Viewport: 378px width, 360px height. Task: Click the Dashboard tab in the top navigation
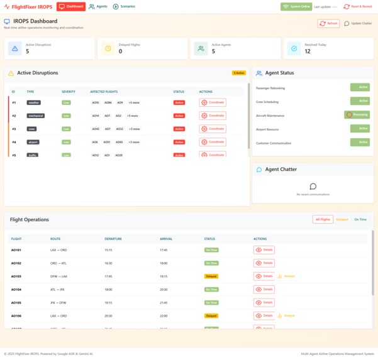pyautogui.click(x=71, y=6)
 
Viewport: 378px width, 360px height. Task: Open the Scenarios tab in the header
pyautogui.click(x=124, y=6)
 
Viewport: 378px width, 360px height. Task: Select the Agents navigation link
pyautogui.click(x=98, y=6)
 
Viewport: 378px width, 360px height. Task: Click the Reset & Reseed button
pyautogui.click(x=357, y=6)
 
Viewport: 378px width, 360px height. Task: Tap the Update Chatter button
pyautogui.click(x=358, y=23)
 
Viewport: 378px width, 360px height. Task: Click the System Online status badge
pyautogui.click(x=296, y=6)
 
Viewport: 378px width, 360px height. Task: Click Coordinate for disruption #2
pyautogui.click(x=213, y=116)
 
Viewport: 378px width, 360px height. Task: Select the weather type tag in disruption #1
pyautogui.click(x=33, y=102)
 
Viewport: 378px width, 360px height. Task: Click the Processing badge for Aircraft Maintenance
pyautogui.click(x=357, y=115)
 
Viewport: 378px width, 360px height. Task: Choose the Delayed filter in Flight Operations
pyautogui.click(x=342, y=219)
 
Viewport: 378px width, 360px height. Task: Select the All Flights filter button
pyautogui.click(x=323, y=219)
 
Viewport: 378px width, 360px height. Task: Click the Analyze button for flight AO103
pyautogui.click(x=287, y=276)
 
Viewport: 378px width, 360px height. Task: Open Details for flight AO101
pyautogui.click(x=264, y=249)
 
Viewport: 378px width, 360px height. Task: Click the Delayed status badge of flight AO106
pyautogui.click(x=211, y=316)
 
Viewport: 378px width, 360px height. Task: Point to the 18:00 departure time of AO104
pyautogui.click(x=108, y=290)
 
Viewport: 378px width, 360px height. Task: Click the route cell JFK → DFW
pyautogui.click(x=58, y=303)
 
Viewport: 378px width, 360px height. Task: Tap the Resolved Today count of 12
pyautogui.click(x=308, y=52)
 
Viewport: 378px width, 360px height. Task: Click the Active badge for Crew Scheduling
pyautogui.click(x=360, y=101)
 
